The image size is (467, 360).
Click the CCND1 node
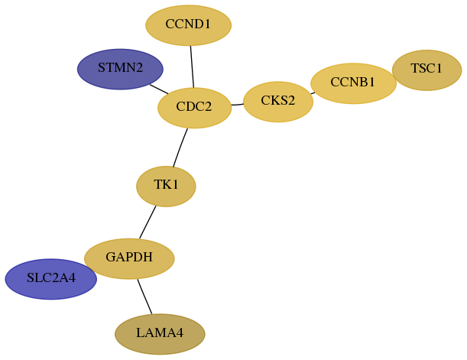coord(189,25)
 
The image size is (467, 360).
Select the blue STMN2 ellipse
coord(120,69)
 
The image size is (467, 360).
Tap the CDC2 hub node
coord(194,108)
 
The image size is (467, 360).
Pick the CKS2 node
coord(278,102)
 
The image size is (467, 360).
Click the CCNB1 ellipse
coord(354,83)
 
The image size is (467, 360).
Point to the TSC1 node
coord(426,70)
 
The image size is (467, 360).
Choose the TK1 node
coord(166,186)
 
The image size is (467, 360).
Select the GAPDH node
coord(129,258)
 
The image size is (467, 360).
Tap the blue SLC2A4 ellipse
coord(51,279)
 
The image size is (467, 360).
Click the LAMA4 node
coord(160,334)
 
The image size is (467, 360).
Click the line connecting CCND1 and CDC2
coord(192,66)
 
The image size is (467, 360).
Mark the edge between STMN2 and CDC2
coord(159,89)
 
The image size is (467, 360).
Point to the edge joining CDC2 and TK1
coord(180,148)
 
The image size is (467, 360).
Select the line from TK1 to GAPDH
coord(148,222)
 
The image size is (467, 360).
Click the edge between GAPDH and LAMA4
coord(144,297)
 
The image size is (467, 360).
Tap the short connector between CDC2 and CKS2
coord(238,105)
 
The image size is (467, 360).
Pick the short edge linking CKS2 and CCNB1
coord(313,93)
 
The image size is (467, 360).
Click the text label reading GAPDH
coord(129,257)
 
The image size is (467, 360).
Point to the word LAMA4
coord(160,332)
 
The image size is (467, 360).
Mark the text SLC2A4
coord(51,277)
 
